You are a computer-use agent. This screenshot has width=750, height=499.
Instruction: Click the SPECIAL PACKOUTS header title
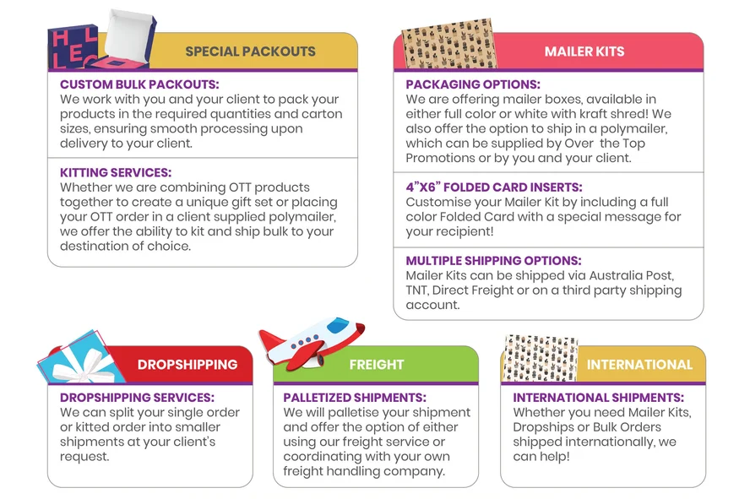250,52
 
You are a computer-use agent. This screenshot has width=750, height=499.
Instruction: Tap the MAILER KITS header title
584,52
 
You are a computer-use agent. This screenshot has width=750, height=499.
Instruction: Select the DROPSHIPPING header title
187,364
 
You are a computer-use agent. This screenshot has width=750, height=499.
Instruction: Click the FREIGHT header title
377,365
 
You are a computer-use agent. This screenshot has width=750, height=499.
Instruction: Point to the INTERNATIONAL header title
639,365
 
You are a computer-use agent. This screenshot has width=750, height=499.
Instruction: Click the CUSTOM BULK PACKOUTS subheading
139,84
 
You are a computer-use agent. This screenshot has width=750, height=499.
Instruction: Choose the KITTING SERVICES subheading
115,172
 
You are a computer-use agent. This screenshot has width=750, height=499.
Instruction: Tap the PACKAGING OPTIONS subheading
473,84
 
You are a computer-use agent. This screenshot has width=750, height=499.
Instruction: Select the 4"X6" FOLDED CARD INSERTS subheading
494,187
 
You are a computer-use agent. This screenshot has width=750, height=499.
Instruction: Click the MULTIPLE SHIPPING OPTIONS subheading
493,261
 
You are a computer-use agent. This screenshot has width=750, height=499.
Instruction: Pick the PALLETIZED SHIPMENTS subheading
355,398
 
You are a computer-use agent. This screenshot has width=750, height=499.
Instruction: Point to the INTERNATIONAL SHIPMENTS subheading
598,398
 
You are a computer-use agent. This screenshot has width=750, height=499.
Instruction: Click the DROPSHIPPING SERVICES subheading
137,398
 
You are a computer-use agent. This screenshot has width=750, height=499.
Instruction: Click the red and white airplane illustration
312,343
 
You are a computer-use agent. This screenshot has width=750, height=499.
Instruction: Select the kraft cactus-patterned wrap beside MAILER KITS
448,44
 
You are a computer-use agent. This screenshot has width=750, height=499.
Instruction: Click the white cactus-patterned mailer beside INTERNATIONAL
541,359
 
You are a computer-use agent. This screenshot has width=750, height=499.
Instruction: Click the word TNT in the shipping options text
416,290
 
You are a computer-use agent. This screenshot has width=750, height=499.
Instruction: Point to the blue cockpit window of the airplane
337,324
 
